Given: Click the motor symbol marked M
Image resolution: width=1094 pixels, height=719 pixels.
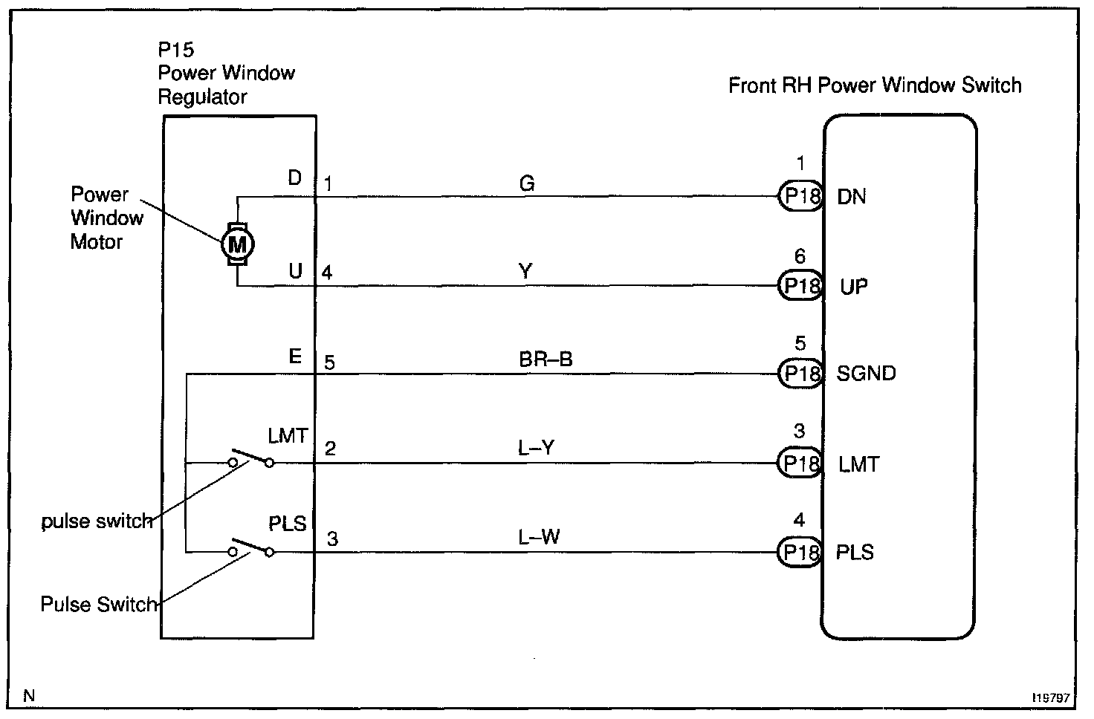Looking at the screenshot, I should click(237, 243).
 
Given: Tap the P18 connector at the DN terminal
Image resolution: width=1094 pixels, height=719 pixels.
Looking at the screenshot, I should click(801, 197).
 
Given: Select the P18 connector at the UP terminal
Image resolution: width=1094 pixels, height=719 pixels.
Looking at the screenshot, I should click(801, 286).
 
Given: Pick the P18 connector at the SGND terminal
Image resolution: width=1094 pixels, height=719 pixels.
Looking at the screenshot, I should click(801, 373).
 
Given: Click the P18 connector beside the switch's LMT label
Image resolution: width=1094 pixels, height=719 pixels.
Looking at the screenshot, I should click(801, 463).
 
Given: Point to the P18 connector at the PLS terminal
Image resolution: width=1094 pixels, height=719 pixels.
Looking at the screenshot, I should click(801, 552).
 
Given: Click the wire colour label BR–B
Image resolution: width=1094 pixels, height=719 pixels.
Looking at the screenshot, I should click(546, 359).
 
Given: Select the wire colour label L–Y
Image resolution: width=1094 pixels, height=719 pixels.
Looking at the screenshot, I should click(537, 448).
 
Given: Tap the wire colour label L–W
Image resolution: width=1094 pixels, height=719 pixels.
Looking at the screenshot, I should click(539, 536).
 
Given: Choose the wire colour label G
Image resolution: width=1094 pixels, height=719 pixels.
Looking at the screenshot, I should click(527, 183).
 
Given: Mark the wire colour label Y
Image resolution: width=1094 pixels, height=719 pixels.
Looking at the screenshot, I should click(525, 272).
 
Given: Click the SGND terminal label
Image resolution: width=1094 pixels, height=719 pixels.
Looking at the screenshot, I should click(866, 373).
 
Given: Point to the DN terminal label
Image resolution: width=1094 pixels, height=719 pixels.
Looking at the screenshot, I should click(852, 197).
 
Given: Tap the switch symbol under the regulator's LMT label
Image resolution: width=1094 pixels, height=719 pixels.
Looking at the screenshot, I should click(250, 458).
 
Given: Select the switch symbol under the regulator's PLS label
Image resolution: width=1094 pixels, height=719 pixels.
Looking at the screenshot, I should click(250, 547).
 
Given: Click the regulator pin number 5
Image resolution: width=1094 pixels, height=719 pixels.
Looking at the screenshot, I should click(329, 362).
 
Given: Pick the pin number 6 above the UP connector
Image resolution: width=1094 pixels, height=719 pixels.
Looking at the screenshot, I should click(800, 257).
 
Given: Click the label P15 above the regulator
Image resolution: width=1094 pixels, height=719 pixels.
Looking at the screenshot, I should click(176, 50).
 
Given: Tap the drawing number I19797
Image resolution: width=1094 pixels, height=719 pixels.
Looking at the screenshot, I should click(1050, 698).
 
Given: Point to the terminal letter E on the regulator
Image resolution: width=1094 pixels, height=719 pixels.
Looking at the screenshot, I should click(295, 357).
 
